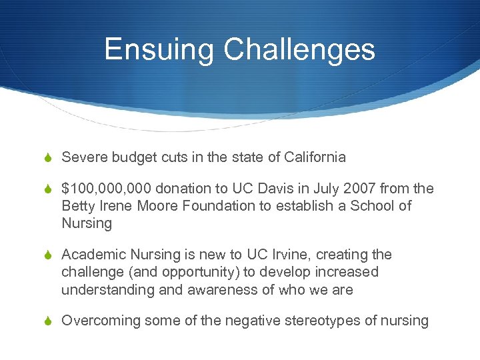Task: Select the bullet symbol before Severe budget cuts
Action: [x=48, y=158]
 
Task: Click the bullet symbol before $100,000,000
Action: [x=48, y=189]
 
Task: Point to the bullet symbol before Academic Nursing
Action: [x=48, y=255]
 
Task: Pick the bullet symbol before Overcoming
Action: [x=48, y=321]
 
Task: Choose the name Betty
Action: [x=78, y=206]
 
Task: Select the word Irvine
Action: [x=286, y=255]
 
